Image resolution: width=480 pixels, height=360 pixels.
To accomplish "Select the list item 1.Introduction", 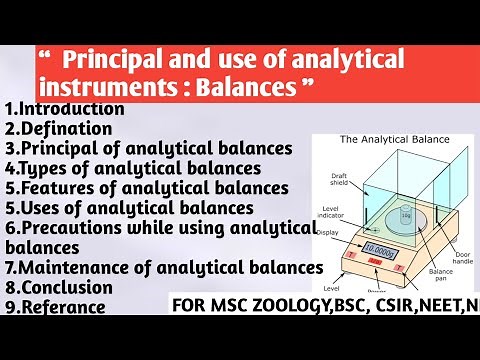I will pos(64,108).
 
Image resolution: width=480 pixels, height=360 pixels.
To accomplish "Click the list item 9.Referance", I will pos(57,309).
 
